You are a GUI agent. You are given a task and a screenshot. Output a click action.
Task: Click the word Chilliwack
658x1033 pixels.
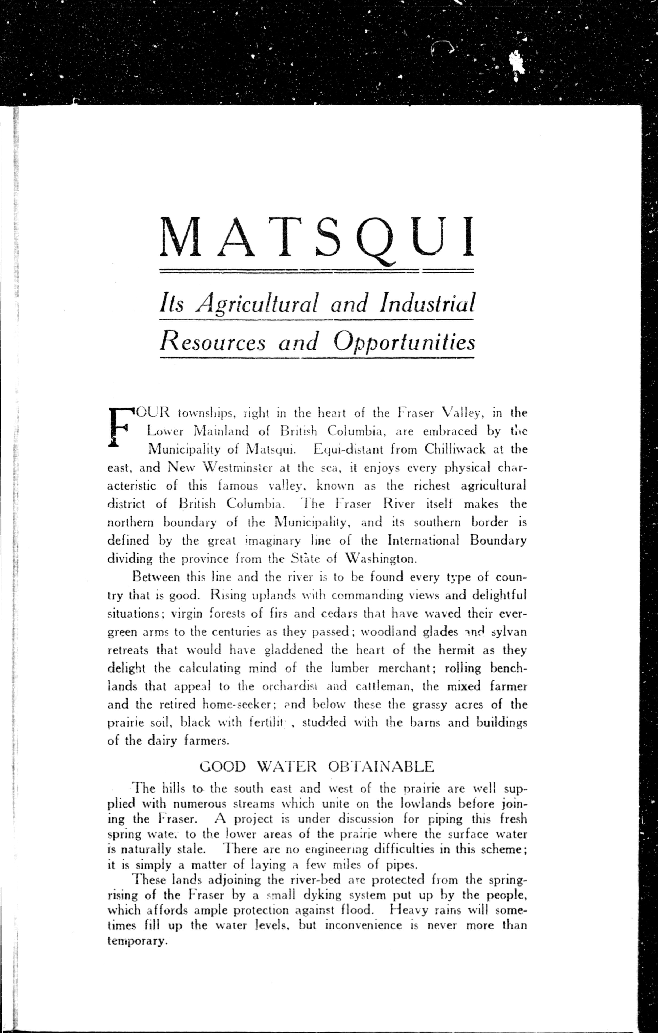click(x=455, y=449)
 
